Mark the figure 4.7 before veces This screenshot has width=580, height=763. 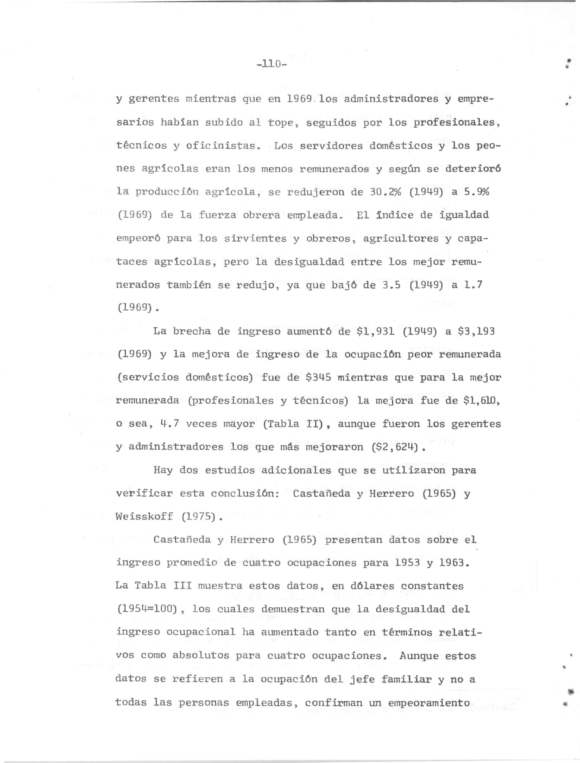click(x=169, y=424)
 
